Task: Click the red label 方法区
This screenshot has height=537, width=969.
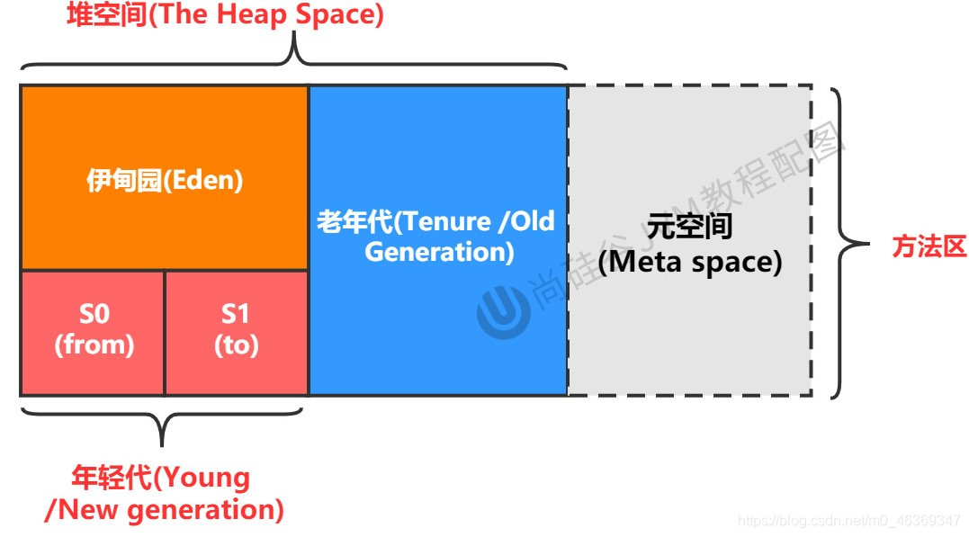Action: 929,247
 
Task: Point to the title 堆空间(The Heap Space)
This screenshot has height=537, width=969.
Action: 225,16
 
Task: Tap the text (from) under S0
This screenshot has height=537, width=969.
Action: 94,345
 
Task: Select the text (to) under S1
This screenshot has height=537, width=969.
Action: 237,345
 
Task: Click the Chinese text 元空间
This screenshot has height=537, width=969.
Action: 690,226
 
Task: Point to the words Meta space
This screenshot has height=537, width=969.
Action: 690,263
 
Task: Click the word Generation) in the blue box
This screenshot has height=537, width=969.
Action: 439,251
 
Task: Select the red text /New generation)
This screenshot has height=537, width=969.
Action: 164,510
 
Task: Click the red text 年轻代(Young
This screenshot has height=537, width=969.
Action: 160,477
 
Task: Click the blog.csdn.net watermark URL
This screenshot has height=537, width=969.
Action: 848,521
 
